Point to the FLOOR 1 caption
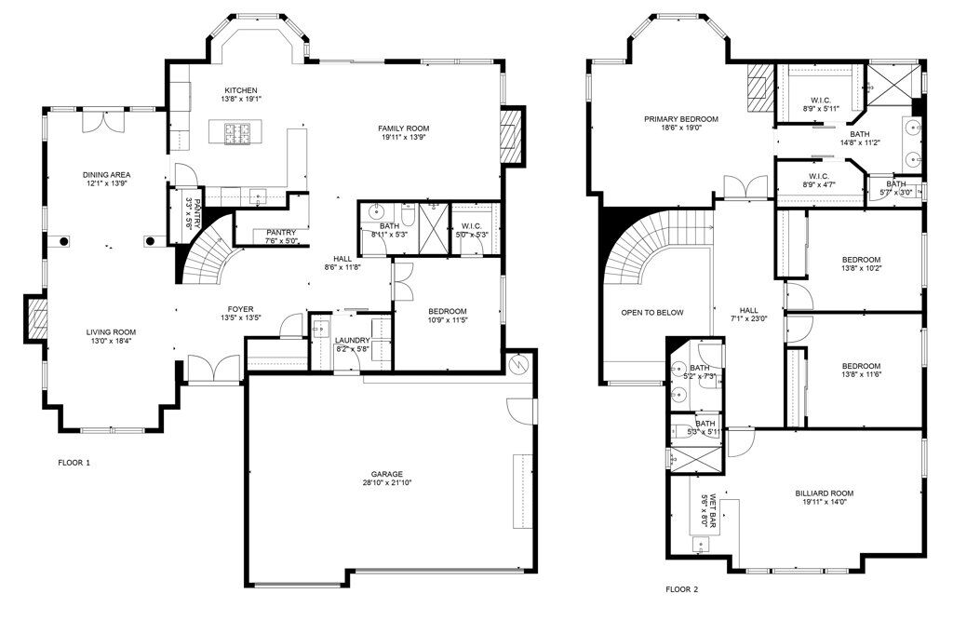click(x=74, y=463)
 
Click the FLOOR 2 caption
click(x=681, y=589)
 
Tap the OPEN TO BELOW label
click(x=651, y=313)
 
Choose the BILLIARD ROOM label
click(x=824, y=493)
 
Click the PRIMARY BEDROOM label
click(x=681, y=119)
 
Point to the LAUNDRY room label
click(x=353, y=340)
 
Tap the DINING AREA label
click(x=107, y=174)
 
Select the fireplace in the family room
click(x=510, y=135)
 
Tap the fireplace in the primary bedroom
click(x=758, y=87)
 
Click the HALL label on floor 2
click(x=749, y=311)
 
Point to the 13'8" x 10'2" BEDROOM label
click(x=861, y=260)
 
